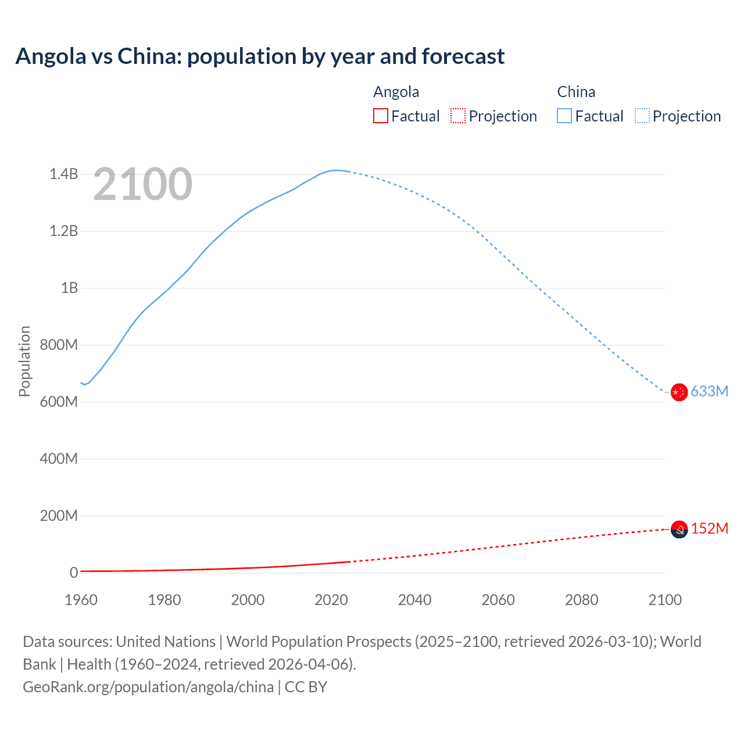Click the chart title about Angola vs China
click(260, 56)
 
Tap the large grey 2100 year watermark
click(142, 184)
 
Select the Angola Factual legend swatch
click(380, 116)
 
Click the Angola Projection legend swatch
click(458, 116)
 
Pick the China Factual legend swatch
click(564, 116)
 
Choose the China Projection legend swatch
click(642, 116)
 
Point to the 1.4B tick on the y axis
click(63, 174)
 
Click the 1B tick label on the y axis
click(69, 288)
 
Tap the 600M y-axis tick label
click(59, 402)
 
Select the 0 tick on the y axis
click(74, 573)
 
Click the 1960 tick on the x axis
click(81, 600)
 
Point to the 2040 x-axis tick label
click(414, 600)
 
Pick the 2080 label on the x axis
click(581, 600)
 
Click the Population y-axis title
click(24, 361)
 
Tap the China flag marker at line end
click(679, 392)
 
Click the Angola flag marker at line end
click(679, 529)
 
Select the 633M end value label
click(709, 391)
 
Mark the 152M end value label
click(709, 528)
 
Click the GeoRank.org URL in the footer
click(148, 686)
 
